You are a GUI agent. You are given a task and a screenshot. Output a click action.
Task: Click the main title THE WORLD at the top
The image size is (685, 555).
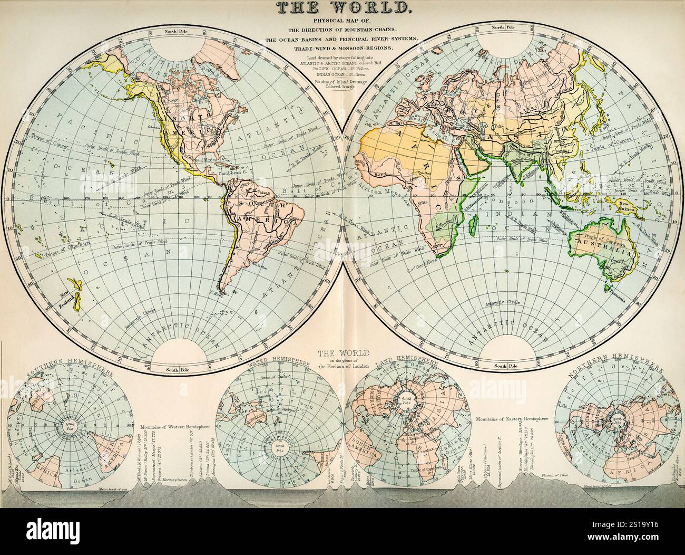[342, 7]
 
